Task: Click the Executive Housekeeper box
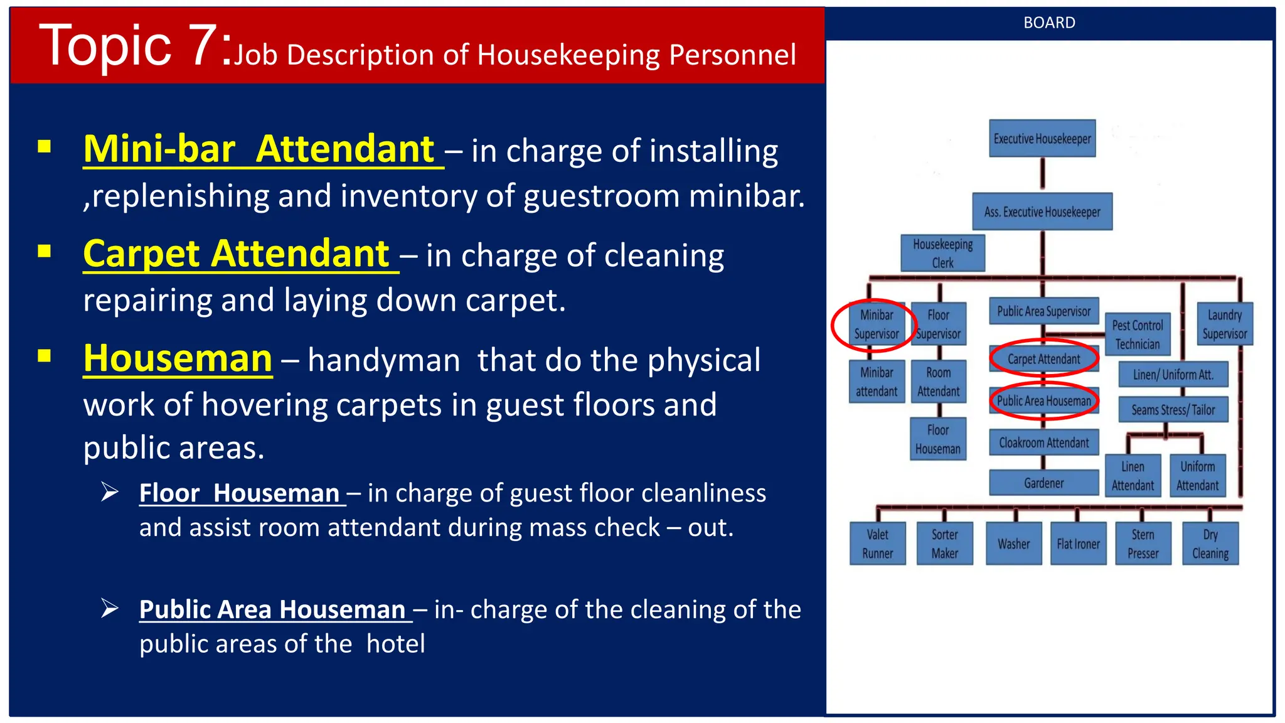pyautogui.click(x=1042, y=139)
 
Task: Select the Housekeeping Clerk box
pyautogui.click(x=942, y=253)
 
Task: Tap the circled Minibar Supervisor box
pyautogui.click(x=877, y=324)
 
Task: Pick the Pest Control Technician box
pyautogui.click(x=1137, y=335)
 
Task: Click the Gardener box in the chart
pyautogui.click(x=1043, y=483)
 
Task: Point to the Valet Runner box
pyautogui.click(x=877, y=544)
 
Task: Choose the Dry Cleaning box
pyautogui.click(x=1210, y=544)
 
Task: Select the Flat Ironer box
pyautogui.click(x=1078, y=544)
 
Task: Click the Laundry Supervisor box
pyautogui.click(x=1224, y=324)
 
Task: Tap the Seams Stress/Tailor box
pyautogui.click(x=1173, y=410)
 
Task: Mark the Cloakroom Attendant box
pyautogui.click(x=1043, y=442)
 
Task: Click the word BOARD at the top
pyautogui.click(x=1049, y=23)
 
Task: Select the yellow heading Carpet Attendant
pyautogui.click(x=237, y=254)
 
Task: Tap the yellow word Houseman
pyautogui.click(x=178, y=359)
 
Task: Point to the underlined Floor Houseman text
pyautogui.click(x=239, y=493)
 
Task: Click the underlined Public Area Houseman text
pyautogui.click(x=272, y=609)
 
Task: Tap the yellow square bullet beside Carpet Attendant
pyautogui.click(x=44, y=252)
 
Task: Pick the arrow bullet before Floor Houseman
pyautogui.click(x=110, y=492)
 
